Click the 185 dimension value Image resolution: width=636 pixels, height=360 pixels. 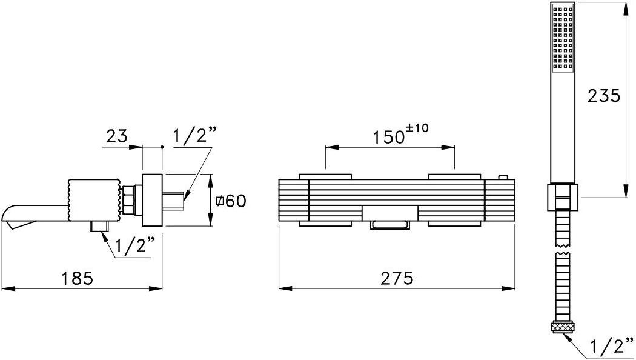(x=78, y=278)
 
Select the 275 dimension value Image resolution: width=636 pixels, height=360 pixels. (x=397, y=278)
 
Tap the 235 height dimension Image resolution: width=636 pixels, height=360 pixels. (x=604, y=96)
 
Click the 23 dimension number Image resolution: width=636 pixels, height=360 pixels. (x=117, y=136)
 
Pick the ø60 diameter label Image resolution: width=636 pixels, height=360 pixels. (x=230, y=201)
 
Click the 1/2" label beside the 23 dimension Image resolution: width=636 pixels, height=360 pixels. (x=194, y=136)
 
